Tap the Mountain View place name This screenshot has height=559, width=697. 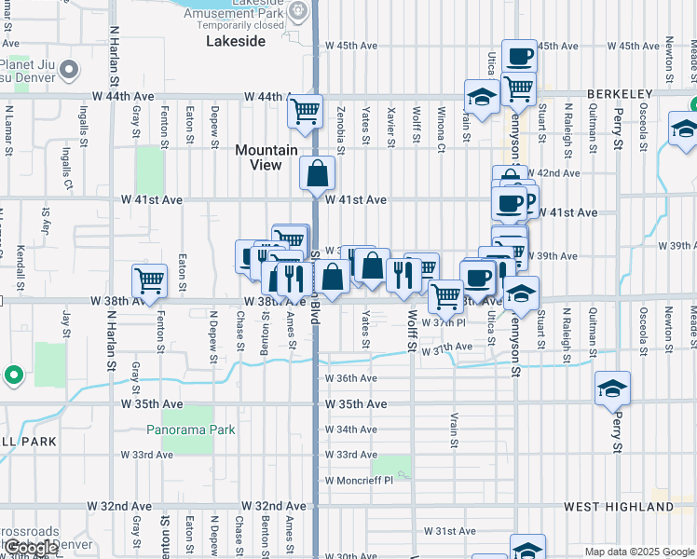(266, 157)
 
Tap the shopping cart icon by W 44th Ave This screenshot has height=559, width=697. (305, 112)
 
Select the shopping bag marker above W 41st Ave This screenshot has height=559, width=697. (317, 172)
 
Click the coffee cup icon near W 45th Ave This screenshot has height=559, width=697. (519, 56)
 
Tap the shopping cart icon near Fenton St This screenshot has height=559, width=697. (148, 280)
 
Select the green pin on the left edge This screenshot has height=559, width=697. (13, 375)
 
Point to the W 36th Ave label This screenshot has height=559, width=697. (351, 378)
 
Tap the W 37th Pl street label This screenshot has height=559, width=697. (443, 322)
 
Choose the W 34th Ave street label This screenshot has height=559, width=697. (351, 429)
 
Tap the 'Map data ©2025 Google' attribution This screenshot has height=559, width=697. (639, 552)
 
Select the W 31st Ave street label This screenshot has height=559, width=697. (450, 531)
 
